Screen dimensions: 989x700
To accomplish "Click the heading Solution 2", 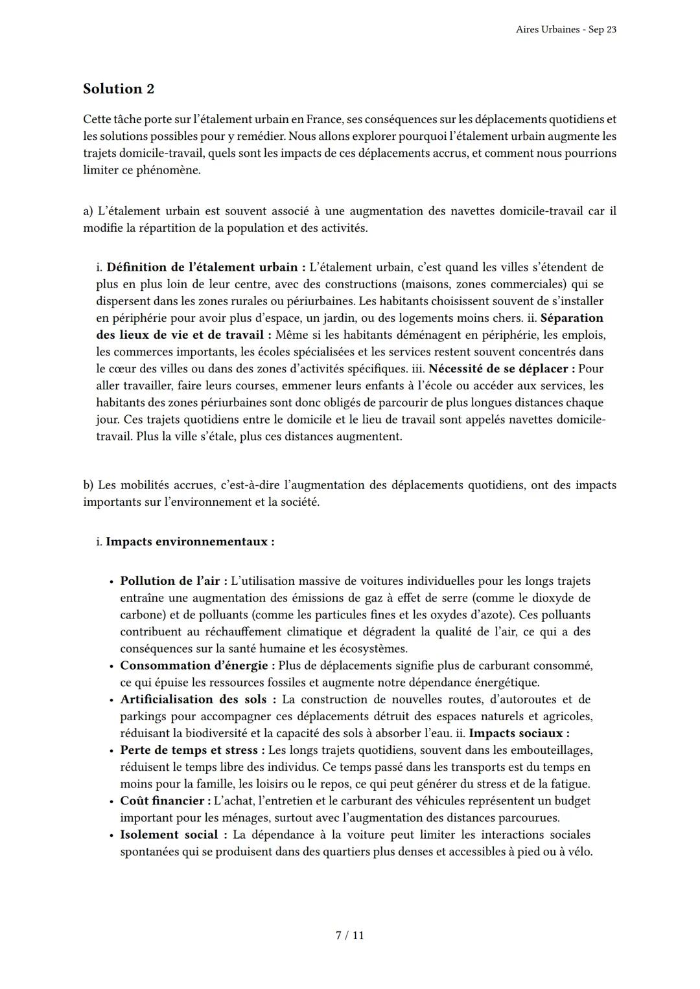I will tap(119, 89).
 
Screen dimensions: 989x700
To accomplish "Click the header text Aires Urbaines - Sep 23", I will tap(566, 30).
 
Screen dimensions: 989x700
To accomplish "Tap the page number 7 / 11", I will tap(349, 935).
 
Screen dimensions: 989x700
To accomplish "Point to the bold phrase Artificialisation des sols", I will tap(197, 699).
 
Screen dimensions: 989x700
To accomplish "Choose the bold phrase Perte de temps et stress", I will tap(192, 750).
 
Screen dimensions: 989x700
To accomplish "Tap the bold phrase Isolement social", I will tap(173, 834).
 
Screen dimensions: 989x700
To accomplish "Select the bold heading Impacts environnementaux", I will tap(189, 541).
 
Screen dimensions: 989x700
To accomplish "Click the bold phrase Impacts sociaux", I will tap(519, 733).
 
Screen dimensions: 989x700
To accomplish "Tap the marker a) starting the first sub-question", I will tap(88, 211).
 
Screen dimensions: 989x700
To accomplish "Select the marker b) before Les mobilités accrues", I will tap(88, 485).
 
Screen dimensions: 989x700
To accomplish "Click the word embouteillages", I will tap(550, 750).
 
